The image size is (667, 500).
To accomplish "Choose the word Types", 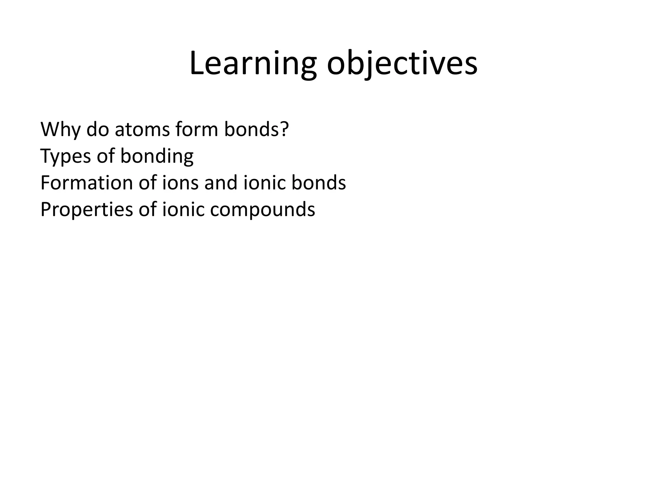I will point(65,156).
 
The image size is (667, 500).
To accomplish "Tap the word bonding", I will point(157,156).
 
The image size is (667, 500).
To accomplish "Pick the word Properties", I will point(87,210).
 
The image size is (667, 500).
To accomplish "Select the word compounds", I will point(263,210).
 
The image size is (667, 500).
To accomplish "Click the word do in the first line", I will point(97,130).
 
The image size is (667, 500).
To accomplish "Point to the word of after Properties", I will point(148,210).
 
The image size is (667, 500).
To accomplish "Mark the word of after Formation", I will point(148,183).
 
